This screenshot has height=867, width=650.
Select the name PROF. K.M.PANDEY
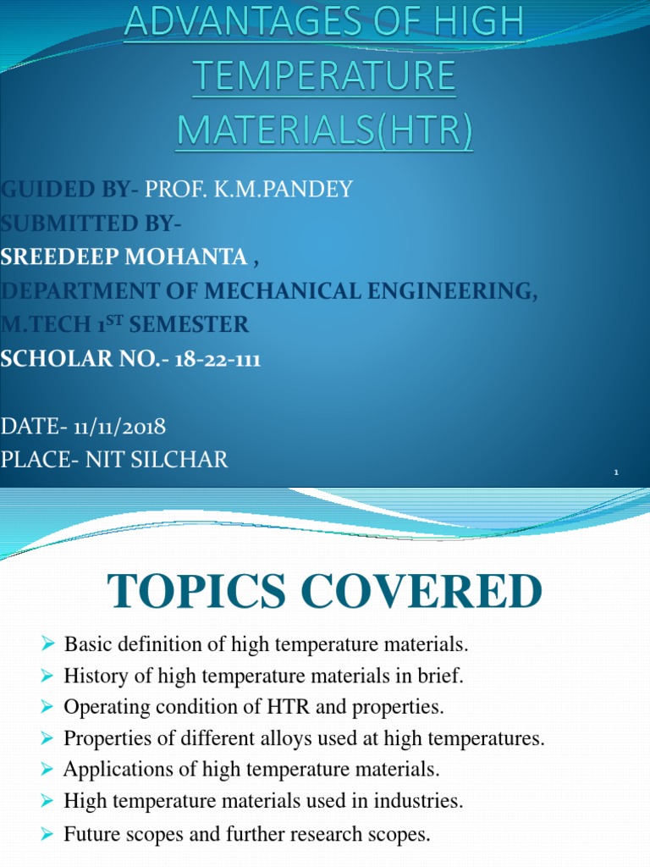249,189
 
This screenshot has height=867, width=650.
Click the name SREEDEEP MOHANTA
124,257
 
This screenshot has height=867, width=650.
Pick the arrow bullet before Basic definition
47,645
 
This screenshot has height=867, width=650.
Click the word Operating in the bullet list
103,706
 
